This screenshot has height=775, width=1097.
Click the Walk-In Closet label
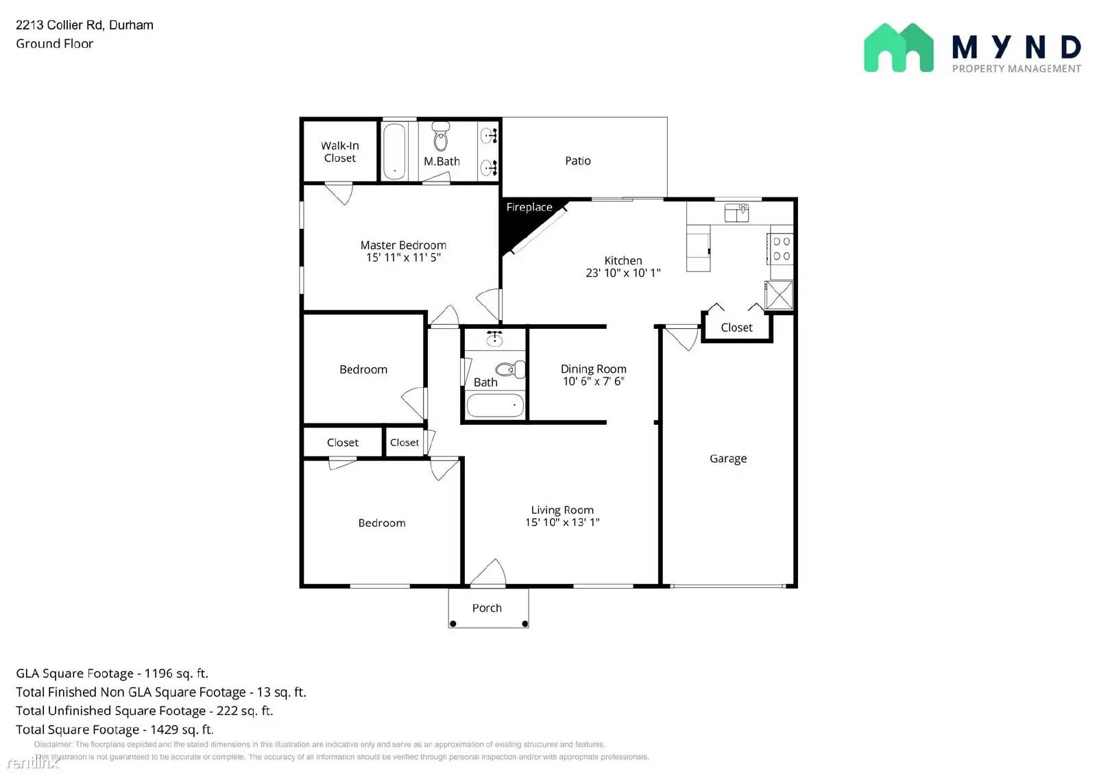click(339, 151)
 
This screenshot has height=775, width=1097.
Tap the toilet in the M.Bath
click(441, 137)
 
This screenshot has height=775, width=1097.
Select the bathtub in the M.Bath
click(394, 151)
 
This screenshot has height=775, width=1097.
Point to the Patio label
click(577, 160)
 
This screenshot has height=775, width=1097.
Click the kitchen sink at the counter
click(737, 213)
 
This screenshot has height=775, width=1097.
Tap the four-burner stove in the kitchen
click(782, 249)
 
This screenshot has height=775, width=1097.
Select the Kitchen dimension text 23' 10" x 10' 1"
click(623, 273)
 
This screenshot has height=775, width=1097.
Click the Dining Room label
click(593, 369)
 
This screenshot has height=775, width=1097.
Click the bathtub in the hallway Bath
click(495, 405)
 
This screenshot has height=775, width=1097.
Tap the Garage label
click(727, 458)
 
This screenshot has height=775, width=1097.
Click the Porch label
click(487, 608)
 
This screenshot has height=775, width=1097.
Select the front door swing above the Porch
click(488, 574)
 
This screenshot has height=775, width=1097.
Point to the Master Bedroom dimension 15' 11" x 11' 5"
click(403, 258)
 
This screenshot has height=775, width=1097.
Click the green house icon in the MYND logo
click(898, 47)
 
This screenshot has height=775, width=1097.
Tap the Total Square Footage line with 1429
click(114, 730)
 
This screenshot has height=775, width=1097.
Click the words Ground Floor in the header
click(55, 44)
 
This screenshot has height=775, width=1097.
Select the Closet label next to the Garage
click(736, 328)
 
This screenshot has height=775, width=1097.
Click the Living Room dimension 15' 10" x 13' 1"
click(562, 522)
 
